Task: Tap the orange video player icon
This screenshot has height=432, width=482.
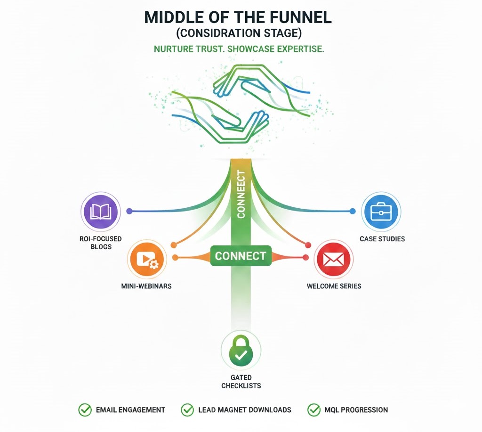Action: tap(147, 259)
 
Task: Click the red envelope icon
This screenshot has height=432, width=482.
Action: tap(334, 259)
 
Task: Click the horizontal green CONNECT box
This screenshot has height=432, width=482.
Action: tap(241, 256)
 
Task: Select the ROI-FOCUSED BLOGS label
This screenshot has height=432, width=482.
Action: tap(101, 243)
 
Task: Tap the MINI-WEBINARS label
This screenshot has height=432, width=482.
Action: tap(146, 286)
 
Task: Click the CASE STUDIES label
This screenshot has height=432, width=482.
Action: tap(382, 239)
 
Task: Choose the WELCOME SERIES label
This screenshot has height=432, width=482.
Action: tap(334, 286)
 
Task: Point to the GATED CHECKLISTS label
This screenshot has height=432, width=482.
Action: tap(241, 382)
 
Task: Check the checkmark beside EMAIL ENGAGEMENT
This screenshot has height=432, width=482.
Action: tap(85, 410)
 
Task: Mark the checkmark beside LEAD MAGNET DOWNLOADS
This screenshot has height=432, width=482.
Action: tap(187, 410)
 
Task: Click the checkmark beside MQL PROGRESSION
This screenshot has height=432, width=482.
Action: tap(313, 410)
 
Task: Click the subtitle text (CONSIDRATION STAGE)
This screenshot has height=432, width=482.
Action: tap(238, 34)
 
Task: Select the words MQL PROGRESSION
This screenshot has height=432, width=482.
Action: tap(356, 410)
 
